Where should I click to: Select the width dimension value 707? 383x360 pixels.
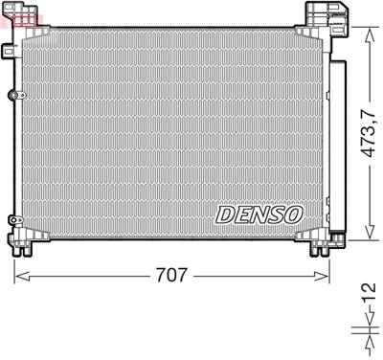tap(172, 277)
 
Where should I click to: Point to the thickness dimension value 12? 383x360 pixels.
tap(366, 300)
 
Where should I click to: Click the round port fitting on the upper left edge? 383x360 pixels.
tap(12, 95)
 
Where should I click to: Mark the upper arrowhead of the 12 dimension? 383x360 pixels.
tap(365, 326)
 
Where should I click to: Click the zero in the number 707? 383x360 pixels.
tap(172, 277)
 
